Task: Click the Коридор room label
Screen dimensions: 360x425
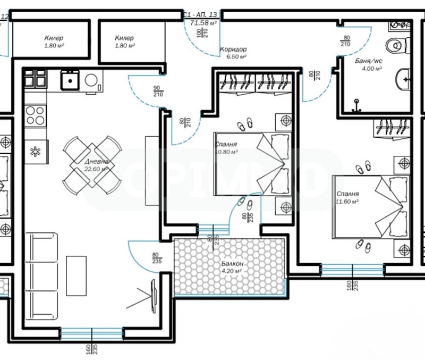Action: pos(233,49)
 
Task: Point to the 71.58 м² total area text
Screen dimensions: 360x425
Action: pos(203,23)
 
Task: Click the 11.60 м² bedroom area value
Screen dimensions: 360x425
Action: pos(347,202)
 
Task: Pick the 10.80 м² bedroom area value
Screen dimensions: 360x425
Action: pos(227,152)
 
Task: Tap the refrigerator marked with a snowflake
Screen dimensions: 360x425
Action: pos(36,150)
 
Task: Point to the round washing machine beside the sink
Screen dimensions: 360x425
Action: pos(92,81)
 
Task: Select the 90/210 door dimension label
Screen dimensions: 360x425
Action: pos(157,91)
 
